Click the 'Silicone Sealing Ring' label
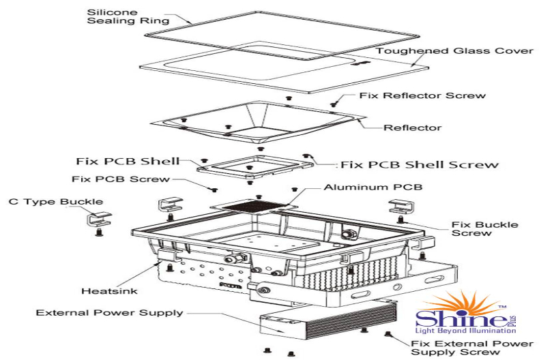(128, 16)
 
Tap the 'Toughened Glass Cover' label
(454, 51)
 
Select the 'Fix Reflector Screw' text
(422, 95)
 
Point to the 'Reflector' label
(412, 127)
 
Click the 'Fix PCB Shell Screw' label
(420, 164)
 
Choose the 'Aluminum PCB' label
(373, 187)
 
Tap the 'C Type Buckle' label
(56, 202)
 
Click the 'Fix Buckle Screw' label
(484, 229)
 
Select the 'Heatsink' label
(109, 291)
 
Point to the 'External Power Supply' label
(109, 313)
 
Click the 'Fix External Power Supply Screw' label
(472, 348)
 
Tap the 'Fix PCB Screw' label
(121, 179)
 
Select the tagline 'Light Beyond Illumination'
(465, 331)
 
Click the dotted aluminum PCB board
(254, 207)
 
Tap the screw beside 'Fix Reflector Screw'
(334, 103)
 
